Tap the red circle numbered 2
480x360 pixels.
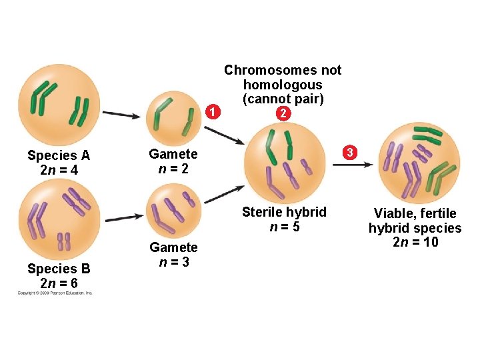pos(283,114)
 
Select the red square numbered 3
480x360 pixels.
pos(348,153)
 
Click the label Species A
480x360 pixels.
pos(59,155)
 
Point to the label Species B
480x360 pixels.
pos(59,269)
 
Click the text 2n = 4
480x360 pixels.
pos(59,171)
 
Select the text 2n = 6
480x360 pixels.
pos(59,283)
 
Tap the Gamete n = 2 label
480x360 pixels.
pos(173,161)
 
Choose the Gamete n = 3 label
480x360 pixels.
pos(173,255)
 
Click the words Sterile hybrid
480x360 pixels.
pos(284,212)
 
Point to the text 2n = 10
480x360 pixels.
pos(415,242)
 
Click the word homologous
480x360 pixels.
pos(283,85)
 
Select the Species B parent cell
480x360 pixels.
pos(58,217)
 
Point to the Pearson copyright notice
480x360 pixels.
pos(55,293)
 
